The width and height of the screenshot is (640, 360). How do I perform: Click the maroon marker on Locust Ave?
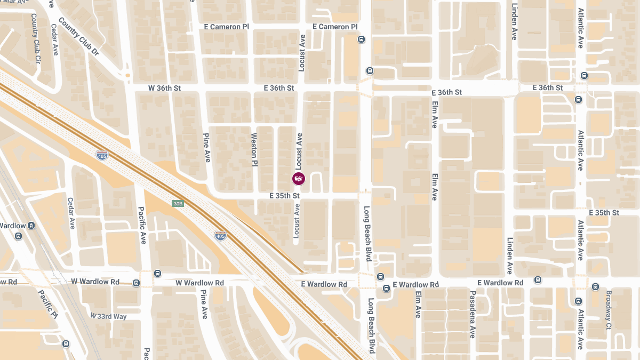click(x=299, y=179)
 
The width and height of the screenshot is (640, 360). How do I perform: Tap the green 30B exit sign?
click(x=178, y=204)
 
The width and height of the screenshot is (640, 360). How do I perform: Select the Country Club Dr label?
click(x=79, y=37)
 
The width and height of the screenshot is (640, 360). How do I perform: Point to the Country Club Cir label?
click(x=36, y=37)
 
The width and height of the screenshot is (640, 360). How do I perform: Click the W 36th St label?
click(x=164, y=87)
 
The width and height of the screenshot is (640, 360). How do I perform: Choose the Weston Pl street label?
click(x=254, y=149)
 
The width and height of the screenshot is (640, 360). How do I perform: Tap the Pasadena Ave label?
click(x=472, y=315)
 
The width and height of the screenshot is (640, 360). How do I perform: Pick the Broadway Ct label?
click(x=609, y=310)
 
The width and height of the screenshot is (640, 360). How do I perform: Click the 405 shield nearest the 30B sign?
click(x=220, y=235)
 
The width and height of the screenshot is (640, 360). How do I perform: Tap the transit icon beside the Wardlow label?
click(x=31, y=226)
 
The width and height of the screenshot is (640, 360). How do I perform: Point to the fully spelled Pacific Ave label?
click(x=142, y=225)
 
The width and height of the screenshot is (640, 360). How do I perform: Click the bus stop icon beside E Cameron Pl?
click(x=361, y=39)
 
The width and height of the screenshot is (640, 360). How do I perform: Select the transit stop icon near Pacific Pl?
click(x=66, y=344)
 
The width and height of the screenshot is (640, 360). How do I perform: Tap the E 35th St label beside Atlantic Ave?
click(x=604, y=213)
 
